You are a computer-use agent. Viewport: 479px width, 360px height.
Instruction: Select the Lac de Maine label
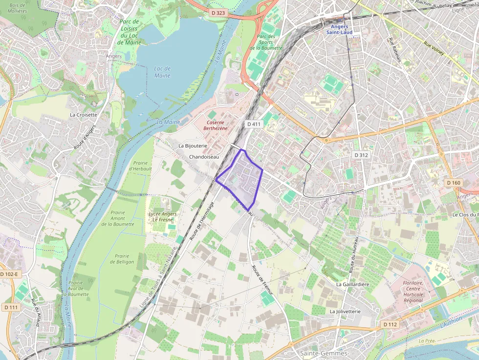[162, 72]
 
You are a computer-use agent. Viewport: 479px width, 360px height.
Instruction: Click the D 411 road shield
[254, 124]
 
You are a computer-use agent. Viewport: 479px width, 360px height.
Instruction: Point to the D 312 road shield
[361, 155]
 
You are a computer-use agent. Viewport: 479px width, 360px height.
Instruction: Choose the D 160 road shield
[454, 183]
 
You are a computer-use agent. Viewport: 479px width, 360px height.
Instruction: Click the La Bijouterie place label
[193, 146]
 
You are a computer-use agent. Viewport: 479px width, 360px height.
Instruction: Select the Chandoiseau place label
[204, 157]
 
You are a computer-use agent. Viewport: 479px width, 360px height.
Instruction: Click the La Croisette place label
[84, 115]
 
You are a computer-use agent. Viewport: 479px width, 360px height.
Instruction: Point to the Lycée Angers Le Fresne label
[162, 217]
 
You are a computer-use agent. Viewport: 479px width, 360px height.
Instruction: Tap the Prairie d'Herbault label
[140, 166]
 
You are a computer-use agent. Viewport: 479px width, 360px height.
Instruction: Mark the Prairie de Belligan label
[122, 259]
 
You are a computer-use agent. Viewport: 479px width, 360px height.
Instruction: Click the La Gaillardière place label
[352, 284]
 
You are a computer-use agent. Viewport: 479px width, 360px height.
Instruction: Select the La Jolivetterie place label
[345, 311]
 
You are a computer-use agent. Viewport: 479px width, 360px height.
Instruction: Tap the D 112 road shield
[390, 324]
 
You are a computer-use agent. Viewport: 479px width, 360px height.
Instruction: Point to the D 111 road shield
[11, 307]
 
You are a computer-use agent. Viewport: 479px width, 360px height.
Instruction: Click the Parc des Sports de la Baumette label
[266, 42]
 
